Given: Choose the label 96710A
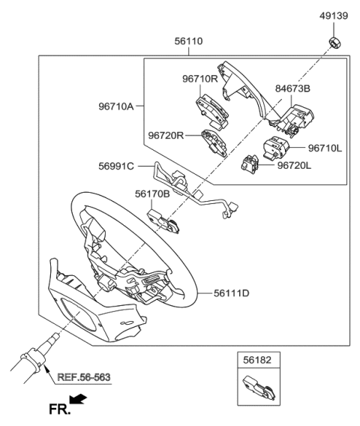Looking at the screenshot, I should (114, 106).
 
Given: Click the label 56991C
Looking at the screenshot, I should (114, 166).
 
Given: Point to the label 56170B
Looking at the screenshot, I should (152, 193).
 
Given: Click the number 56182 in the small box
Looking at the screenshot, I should (256, 360).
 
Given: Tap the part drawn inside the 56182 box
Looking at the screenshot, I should (257, 388).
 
